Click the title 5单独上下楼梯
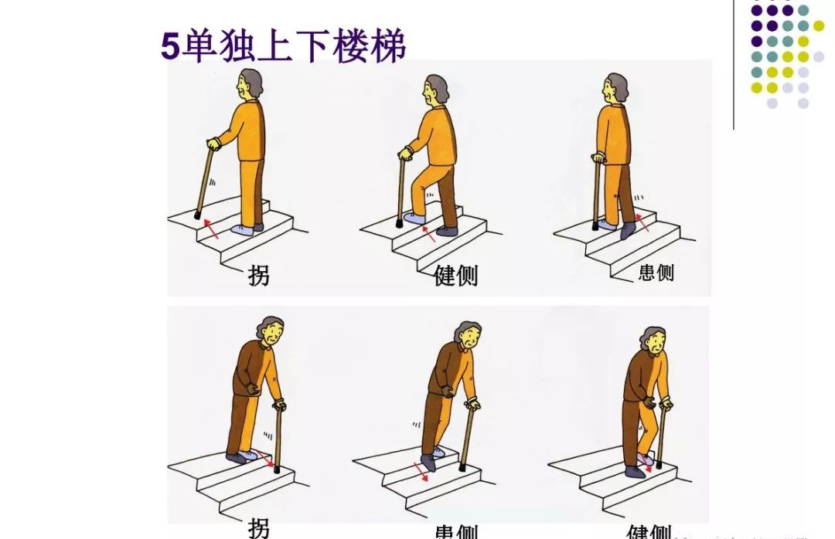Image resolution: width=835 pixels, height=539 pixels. click(x=283, y=46)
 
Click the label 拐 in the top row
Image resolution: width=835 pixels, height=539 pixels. click(x=259, y=274)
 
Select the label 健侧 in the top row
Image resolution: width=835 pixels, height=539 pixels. click(x=455, y=274)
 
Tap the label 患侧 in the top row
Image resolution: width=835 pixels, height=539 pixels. click(x=656, y=273)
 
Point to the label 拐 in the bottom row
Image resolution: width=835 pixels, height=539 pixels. click(x=259, y=527)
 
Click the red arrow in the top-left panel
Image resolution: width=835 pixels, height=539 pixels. click(x=211, y=229)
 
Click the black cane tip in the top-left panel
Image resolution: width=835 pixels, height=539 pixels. click(x=198, y=215)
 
